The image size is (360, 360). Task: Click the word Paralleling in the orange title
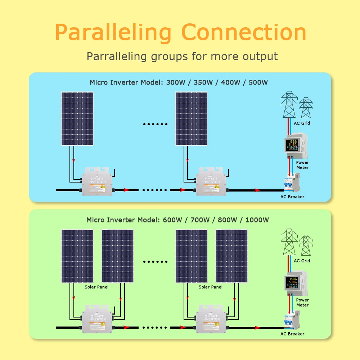click(113, 33)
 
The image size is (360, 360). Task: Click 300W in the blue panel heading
click(176, 82)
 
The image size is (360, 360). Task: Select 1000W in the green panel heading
click(257, 220)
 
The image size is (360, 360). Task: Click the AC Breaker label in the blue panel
click(292, 197)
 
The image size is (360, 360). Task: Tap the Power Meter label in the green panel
click(302, 302)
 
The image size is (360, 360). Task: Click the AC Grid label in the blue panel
click(302, 123)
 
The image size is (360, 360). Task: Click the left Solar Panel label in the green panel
click(96, 287)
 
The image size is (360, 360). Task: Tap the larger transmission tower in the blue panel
click(289, 104)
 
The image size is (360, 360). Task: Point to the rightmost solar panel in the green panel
click(231, 256)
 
